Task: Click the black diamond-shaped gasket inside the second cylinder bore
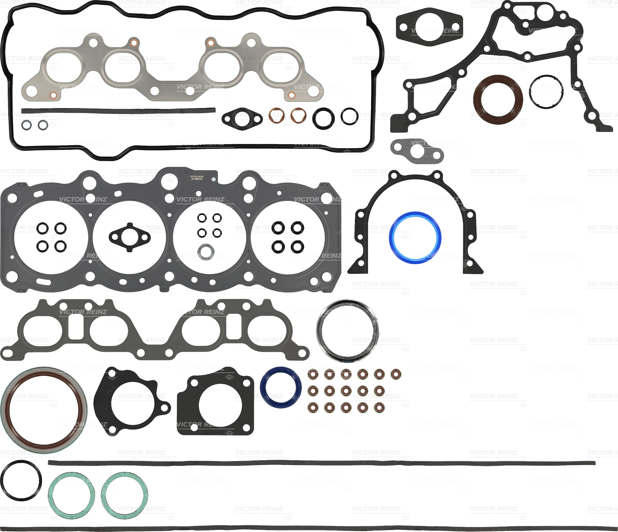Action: click(113, 238)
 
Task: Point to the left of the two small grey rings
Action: click(26, 125)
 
